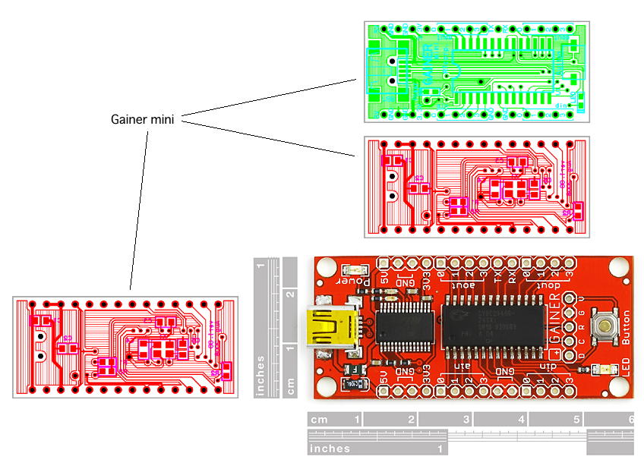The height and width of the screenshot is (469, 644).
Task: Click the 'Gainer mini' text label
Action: tap(143, 119)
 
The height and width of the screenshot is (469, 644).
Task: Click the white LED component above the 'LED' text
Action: tap(605, 370)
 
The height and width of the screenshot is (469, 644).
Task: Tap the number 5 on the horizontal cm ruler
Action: tap(576, 419)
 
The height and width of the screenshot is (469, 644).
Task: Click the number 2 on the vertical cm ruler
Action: tap(290, 295)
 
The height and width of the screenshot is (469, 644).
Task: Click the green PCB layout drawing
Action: tap(476, 71)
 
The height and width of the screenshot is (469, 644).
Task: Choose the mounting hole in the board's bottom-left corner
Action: tap(327, 382)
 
